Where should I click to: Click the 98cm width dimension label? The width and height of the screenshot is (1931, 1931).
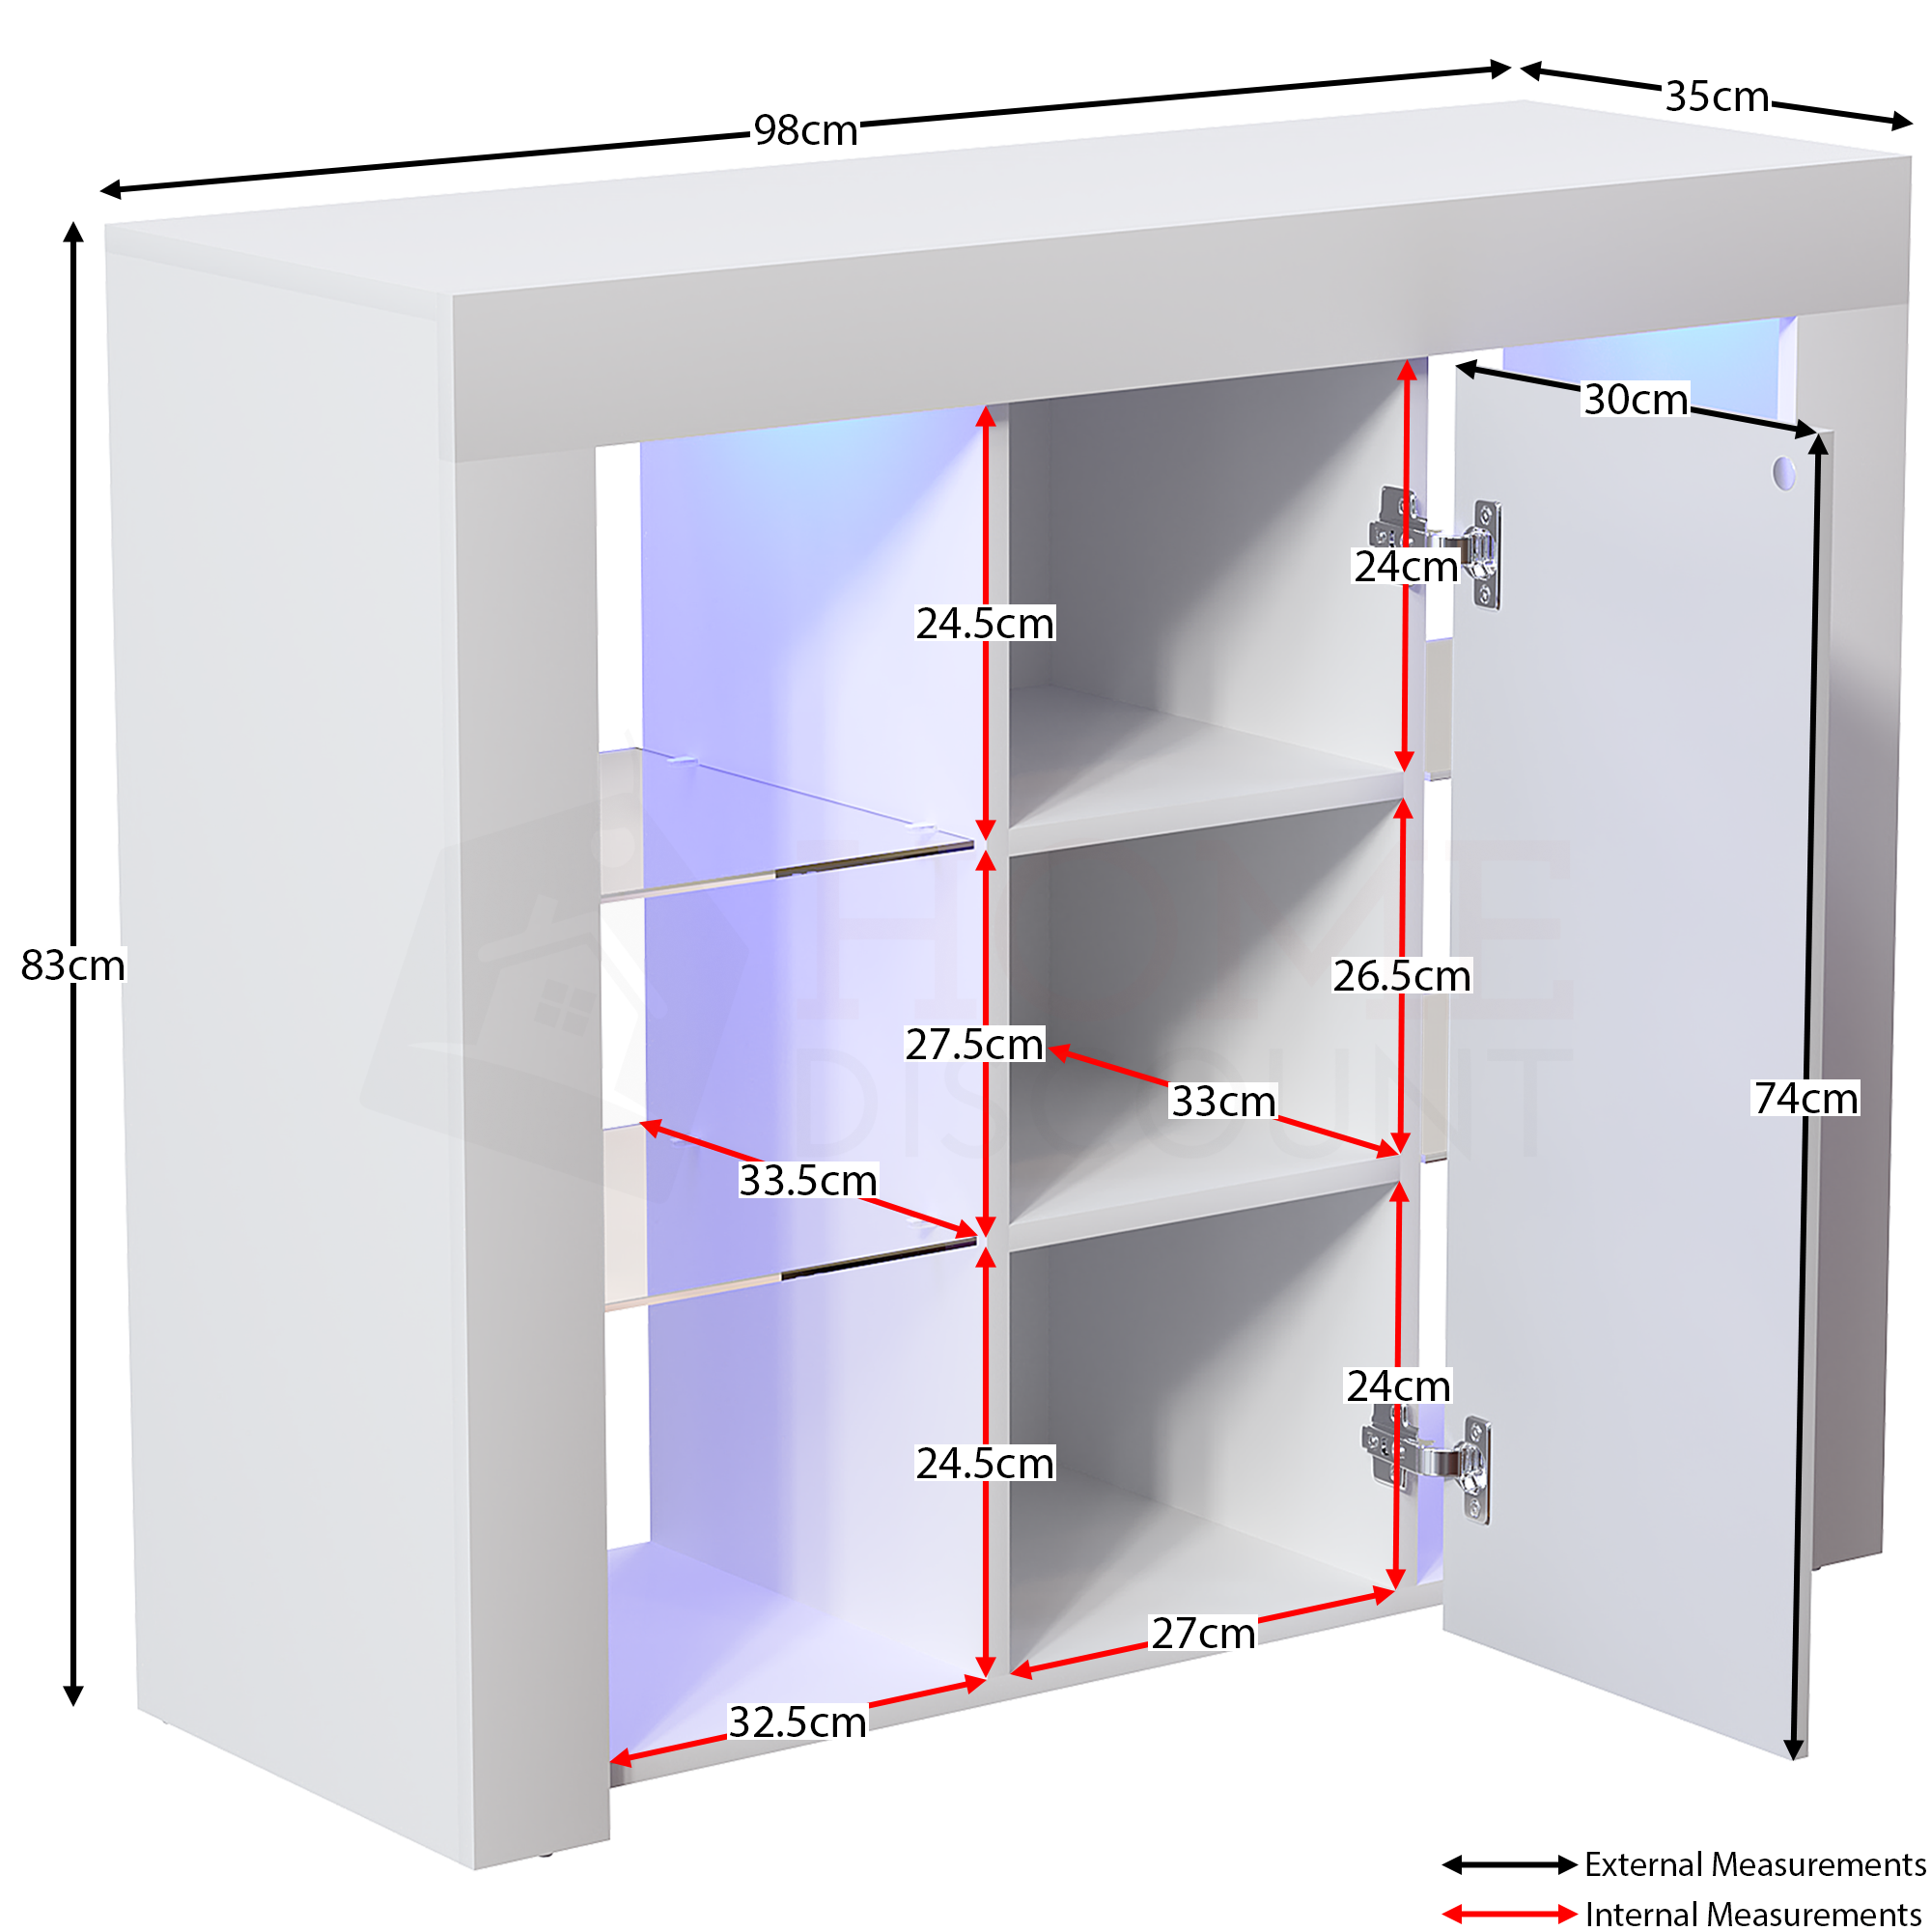click(x=805, y=131)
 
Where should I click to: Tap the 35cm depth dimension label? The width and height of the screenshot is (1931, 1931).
click(x=1717, y=97)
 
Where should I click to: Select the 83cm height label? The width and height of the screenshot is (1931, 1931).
click(x=73, y=965)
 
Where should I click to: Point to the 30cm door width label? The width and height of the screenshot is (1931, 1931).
click(x=1637, y=400)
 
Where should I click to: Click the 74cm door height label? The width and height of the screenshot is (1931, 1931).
click(x=1806, y=1099)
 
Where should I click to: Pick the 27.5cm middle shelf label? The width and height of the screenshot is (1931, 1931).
click(x=974, y=1045)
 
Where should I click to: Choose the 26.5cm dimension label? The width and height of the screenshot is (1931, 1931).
click(x=1402, y=975)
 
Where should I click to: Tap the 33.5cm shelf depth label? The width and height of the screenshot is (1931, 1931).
click(x=807, y=1181)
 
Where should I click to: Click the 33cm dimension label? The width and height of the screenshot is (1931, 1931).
click(x=1223, y=1102)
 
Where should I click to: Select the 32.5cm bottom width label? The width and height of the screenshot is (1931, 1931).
click(x=798, y=1722)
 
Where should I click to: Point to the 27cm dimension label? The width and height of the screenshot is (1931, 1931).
click(x=1203, y=1635)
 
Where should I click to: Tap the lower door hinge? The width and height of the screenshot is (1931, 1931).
click(x=1426, y=1465)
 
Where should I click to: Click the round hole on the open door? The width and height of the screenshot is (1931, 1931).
click(x=1783, y=473)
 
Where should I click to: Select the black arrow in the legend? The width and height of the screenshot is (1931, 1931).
click(x=1509, y=1865)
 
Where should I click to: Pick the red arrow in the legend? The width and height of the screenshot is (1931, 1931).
click(x=1509, y=1914)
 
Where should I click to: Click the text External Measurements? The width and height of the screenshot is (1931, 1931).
click(x=1755, y=1864)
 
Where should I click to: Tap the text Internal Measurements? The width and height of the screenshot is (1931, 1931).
click(x=1753, y=1914)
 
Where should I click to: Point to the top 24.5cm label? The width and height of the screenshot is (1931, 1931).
click(x=986, y=624)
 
